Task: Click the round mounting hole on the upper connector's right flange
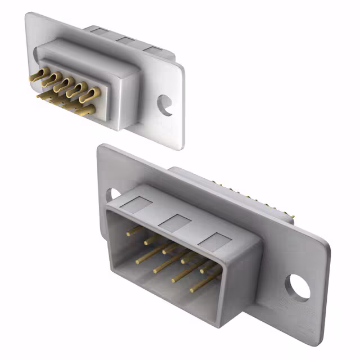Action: click(165, 105)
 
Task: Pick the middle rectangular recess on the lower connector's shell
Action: click(174, 222)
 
